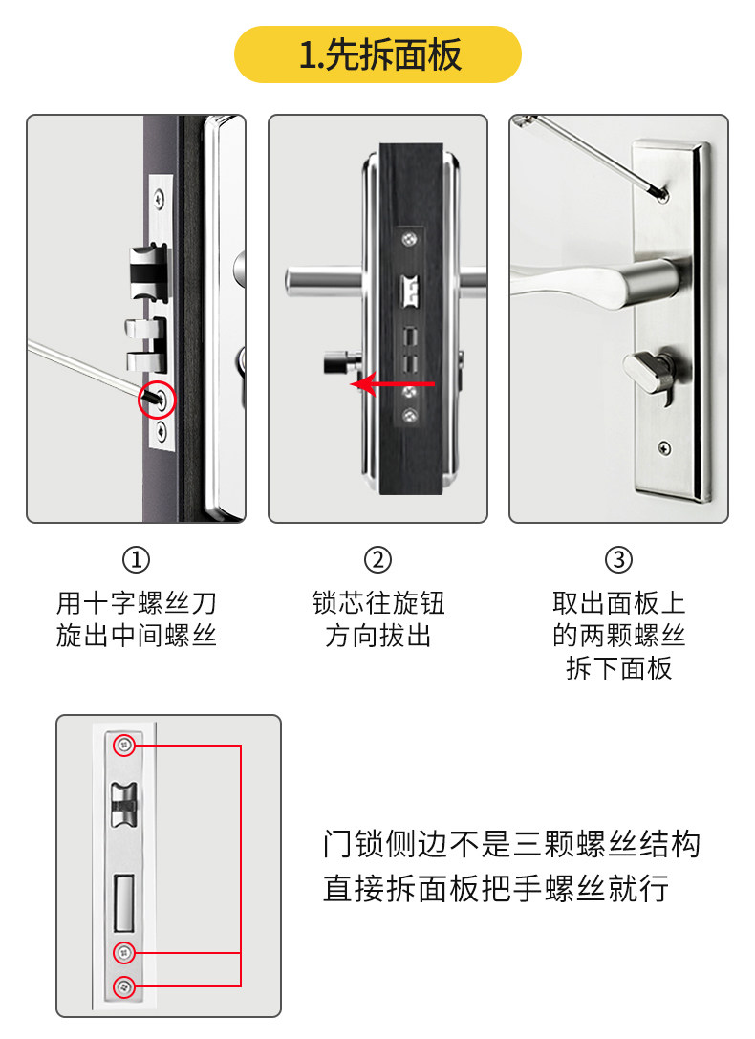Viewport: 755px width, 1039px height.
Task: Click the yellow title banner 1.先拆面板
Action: pyautogui.click(x=377, y=54)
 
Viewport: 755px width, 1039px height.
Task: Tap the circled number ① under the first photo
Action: pyautogui.click(x=136, y=560)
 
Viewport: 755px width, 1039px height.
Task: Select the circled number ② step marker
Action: pyautogui.click(x=377, y=560)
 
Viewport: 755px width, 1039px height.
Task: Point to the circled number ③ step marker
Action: pyautogui.click(x=618, y=560)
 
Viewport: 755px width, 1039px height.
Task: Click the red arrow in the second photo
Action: pyautogui.click(x=392, y=383)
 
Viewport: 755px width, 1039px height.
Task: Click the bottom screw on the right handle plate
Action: pyautogui.click(x=664, y=448)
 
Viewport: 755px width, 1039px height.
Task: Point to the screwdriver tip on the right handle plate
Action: pyautogui.click(x=662, y=195)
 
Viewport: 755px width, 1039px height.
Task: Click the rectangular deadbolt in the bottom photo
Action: pyautogui.click(x=124, y=903)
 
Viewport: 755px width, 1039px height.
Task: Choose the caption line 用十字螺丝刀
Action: pyautogui.click(x=137, y=603)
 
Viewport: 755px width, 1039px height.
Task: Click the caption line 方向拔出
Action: pyautogui.click(x=377, y=636)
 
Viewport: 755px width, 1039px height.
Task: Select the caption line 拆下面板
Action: pyautogui.click(x=618, y=668)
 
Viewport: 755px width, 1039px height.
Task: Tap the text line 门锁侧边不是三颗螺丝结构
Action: pyautogui.click(x=511, y=844)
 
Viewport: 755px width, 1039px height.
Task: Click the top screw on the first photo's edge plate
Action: pyautogui.click(x=159, y=197)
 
